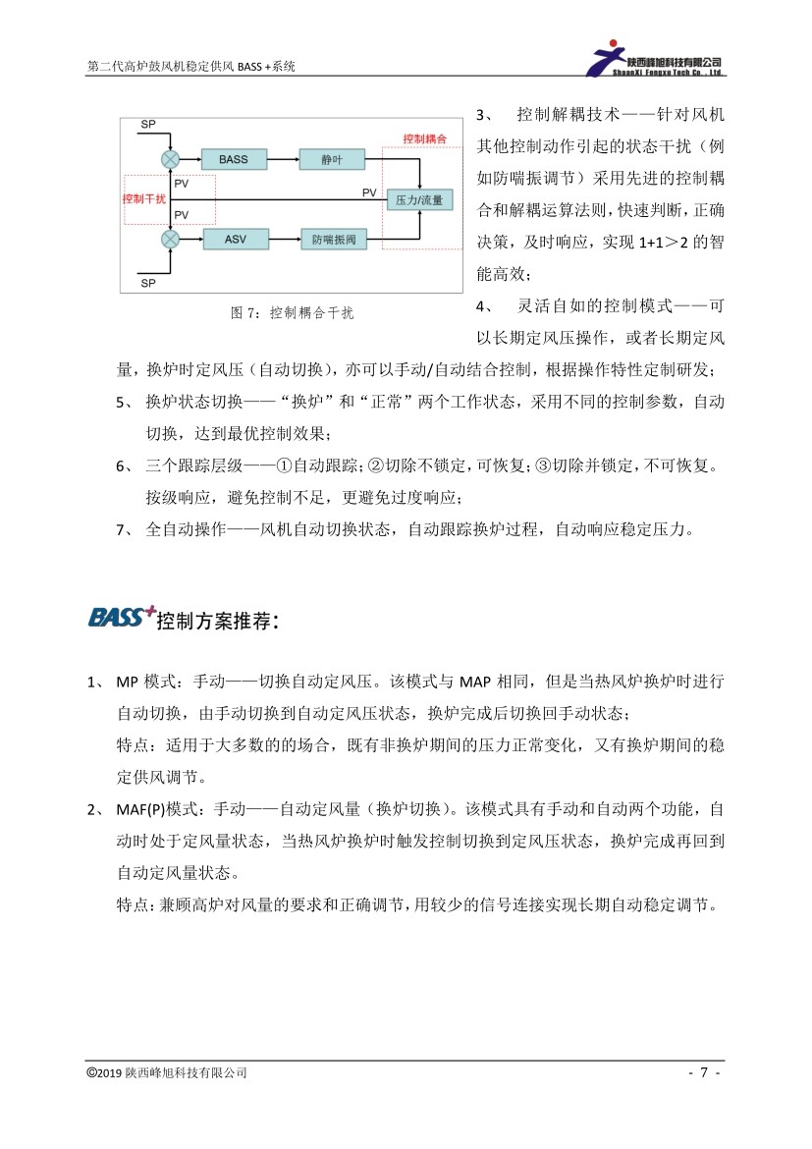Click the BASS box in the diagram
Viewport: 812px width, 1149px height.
click(234, 158)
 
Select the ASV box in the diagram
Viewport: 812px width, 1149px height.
click(235, 239)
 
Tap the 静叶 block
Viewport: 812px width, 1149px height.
click(330, 158)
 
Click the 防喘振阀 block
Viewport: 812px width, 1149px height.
click(333, 239)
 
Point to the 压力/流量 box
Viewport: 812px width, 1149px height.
click(418, 199)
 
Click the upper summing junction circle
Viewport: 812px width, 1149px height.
click(170, 158)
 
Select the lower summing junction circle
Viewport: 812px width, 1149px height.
click(170, 239)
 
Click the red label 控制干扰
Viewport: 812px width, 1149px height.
click(144, 198)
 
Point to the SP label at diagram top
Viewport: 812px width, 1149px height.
click(147, 124)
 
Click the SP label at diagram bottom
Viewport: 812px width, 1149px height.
click(148, 282)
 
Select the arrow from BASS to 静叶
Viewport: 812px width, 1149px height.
click(283, 158)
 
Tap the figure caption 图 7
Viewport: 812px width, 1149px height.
click(292, 312)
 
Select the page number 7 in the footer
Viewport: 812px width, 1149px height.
click(704, 1072)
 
